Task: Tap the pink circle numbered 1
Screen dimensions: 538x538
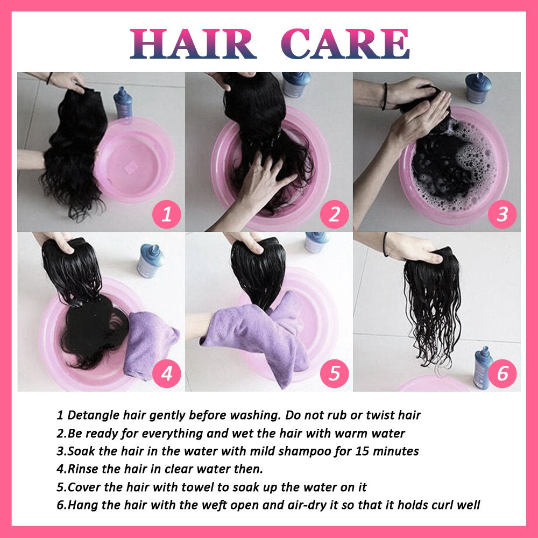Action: click(x=167, y=215)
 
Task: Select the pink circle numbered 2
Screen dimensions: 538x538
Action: click(x=335, y=215)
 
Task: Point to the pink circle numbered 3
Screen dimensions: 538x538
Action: click(x=502, y=215)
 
